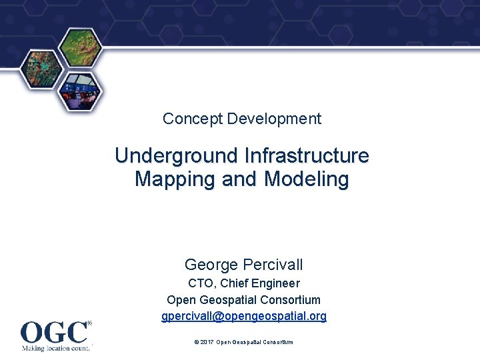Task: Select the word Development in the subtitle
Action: click(x=274, y=119)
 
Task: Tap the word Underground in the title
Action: click(x=176, y=156)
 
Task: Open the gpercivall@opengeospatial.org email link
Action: click(x=244, y=316)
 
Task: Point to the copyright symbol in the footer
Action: click(x=196, y=342)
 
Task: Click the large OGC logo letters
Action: click(x=53, y=331)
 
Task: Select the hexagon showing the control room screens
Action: click(x=81, y=90)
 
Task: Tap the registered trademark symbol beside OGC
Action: click(x=90, y=323)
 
